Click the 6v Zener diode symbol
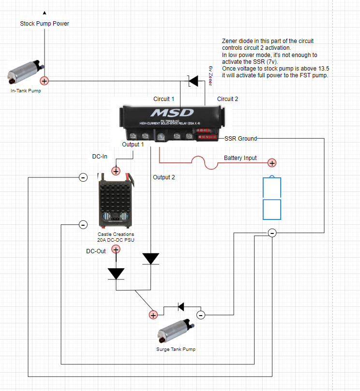click(x=194, y=81)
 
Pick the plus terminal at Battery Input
click(x=272, y=163)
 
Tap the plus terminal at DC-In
click(x=116, y=171)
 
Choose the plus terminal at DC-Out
click(x=116, y=249)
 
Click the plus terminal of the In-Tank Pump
click(x=44, y=81)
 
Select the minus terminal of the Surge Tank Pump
click(x=201, y=315)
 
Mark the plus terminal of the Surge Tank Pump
click(x=153, y=315)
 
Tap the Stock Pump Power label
click(x=45, y=23)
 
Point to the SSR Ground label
click(x=240, y=139)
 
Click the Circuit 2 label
click(x=227, y=99)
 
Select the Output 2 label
click(x=164, y=177)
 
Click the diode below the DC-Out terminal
click(x=116, y=274)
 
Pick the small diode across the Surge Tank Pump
click(x=181, y=306)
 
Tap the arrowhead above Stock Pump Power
click(x=45, y=13)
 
